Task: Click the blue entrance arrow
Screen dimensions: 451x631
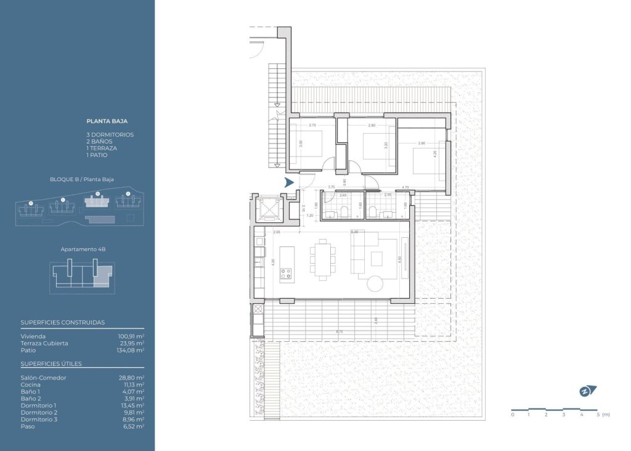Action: point(288,182)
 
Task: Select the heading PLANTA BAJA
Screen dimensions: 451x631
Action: point(107,121)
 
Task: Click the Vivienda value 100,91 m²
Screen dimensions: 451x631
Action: point(131,336)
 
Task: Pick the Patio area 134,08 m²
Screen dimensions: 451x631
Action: point(131,350)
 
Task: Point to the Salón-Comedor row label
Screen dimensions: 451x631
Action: point(43,378)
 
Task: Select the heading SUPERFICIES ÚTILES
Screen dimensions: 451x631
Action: point(51,364)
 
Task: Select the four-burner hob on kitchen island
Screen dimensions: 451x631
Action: point(287,274)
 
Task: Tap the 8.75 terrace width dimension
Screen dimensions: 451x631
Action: point(339,332)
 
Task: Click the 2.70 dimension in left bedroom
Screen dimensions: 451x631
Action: point(312,126)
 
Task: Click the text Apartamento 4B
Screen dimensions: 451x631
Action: point(83,250)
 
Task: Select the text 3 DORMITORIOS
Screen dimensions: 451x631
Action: point(110,134)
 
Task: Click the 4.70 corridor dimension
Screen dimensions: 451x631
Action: point(405,187)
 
